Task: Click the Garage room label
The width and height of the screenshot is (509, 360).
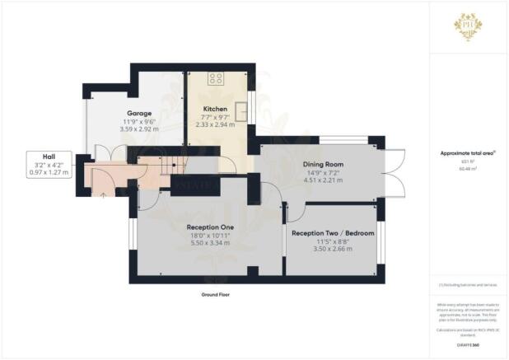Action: tap(138, 113)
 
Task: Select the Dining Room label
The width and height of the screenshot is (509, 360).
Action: tap(323, 164)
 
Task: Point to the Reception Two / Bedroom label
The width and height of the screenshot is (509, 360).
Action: tap(333, 233)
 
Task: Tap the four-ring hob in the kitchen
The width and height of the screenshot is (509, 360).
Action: tap(216, 79)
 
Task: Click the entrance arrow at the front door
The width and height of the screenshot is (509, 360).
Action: tap(102, 195)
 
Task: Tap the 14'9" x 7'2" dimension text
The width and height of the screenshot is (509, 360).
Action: tap(323, 173)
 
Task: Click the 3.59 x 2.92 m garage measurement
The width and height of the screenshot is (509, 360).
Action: tap(138, 129)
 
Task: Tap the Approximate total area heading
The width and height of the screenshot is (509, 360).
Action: tap(467, 154)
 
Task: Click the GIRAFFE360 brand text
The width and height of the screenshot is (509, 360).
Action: tap(468, 345)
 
